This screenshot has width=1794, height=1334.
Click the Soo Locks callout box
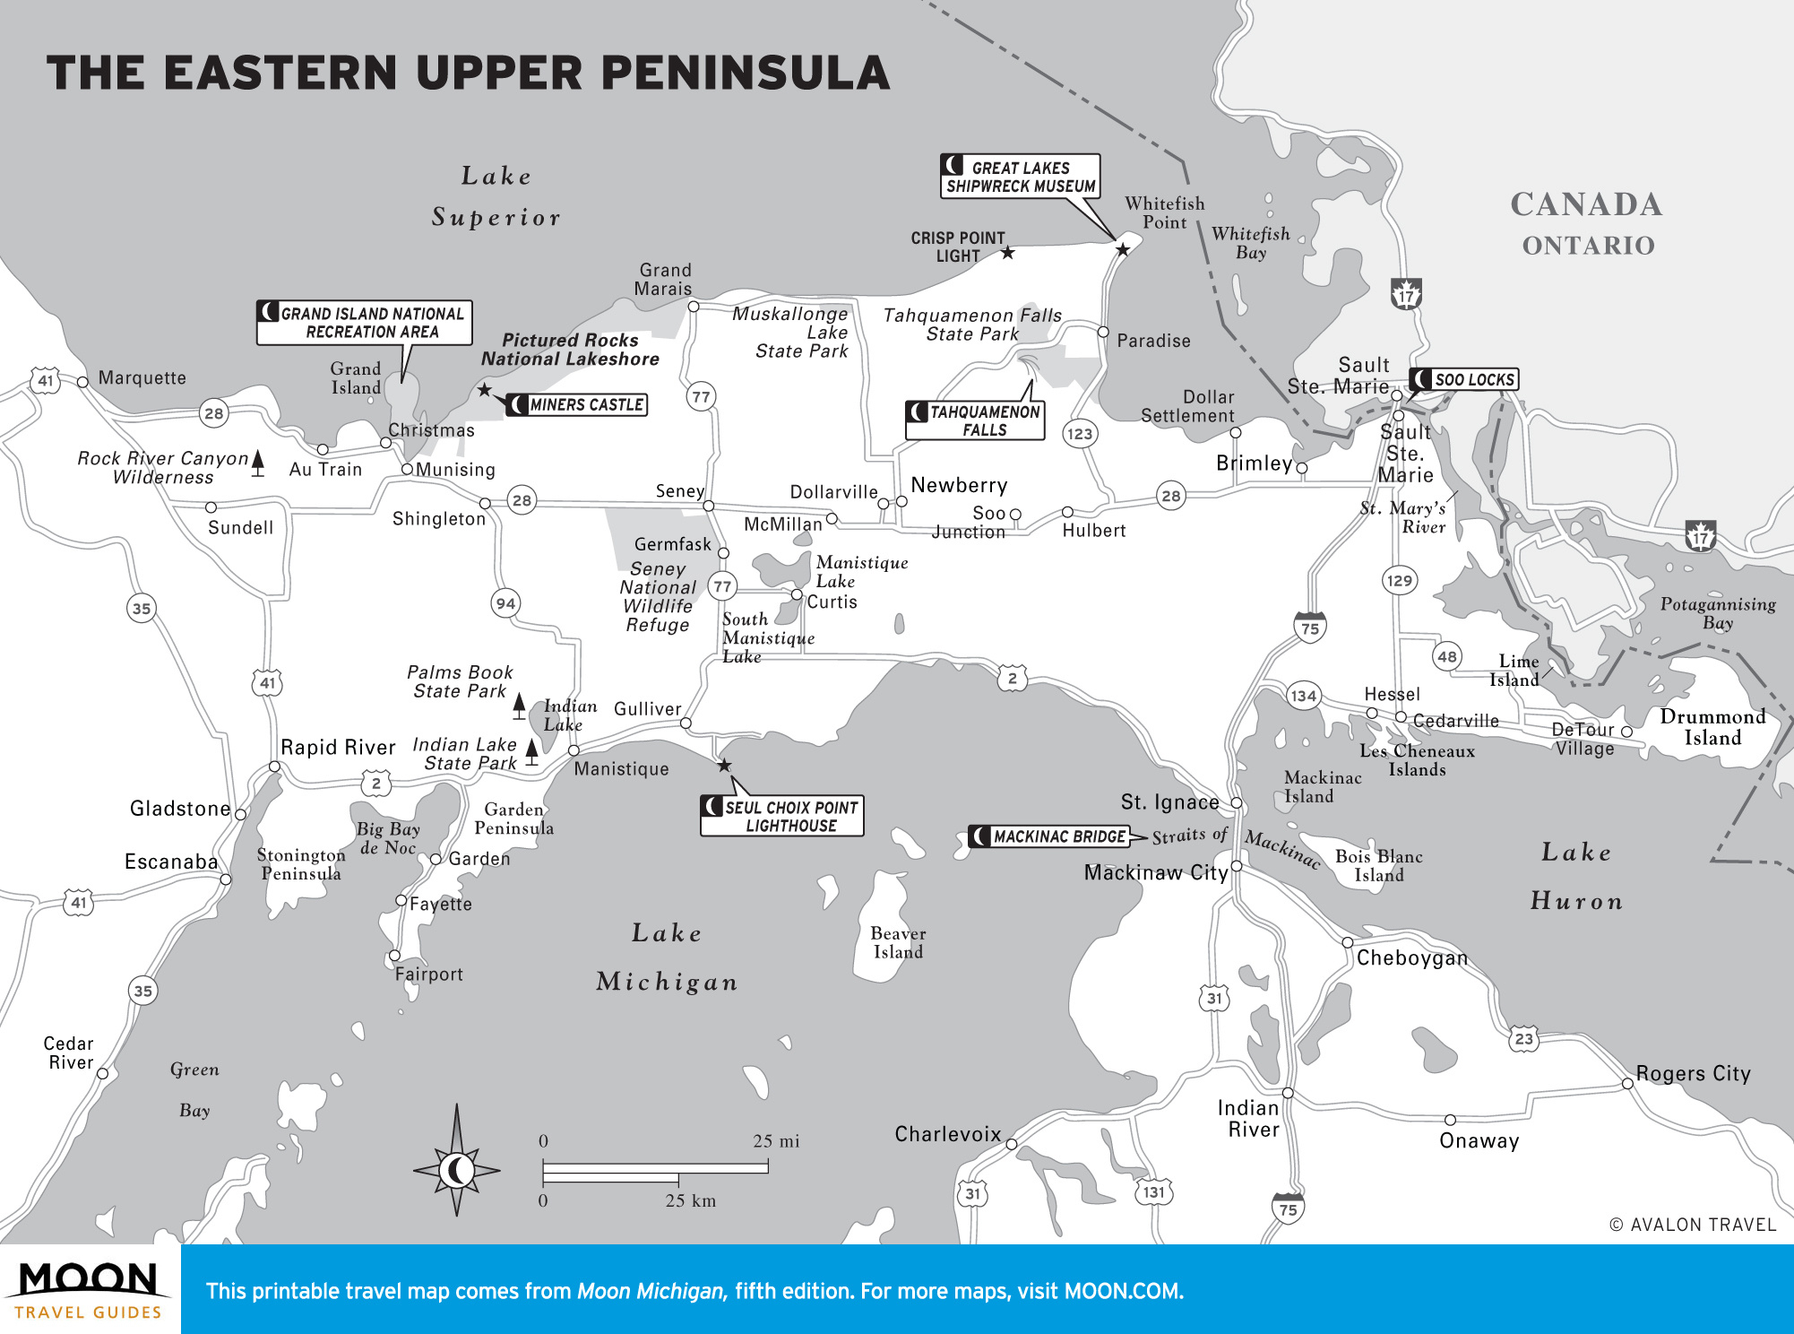coord(1464,379)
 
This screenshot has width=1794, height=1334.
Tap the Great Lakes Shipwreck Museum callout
coord(1020,177)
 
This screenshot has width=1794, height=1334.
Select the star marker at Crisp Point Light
coord(1008,253)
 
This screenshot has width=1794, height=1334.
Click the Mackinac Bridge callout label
coord(1049,836)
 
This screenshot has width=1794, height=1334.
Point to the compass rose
coord(456,1169)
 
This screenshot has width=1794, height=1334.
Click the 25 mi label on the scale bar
coord(776,1141)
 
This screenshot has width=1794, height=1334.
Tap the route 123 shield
coord(1080,434)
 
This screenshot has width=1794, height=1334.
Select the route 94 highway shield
coord(505,603)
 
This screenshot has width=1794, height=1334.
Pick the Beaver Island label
coord(898,942)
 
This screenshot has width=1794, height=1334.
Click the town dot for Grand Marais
coord(694,307)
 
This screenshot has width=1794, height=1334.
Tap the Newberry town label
coord(959,485)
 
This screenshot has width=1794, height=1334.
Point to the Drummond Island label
coord(1712,727)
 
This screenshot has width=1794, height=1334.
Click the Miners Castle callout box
coord(577,404)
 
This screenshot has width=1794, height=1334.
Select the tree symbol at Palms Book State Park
coord(519,706)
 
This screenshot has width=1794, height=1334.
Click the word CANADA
coord(1586,204)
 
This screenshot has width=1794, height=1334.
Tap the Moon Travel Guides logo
coord(89,1289)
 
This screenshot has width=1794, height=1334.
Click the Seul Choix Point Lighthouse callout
coord(782,816)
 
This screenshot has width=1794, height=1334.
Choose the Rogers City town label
coord(1693,1073)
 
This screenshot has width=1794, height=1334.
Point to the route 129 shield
coord(1399,580)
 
